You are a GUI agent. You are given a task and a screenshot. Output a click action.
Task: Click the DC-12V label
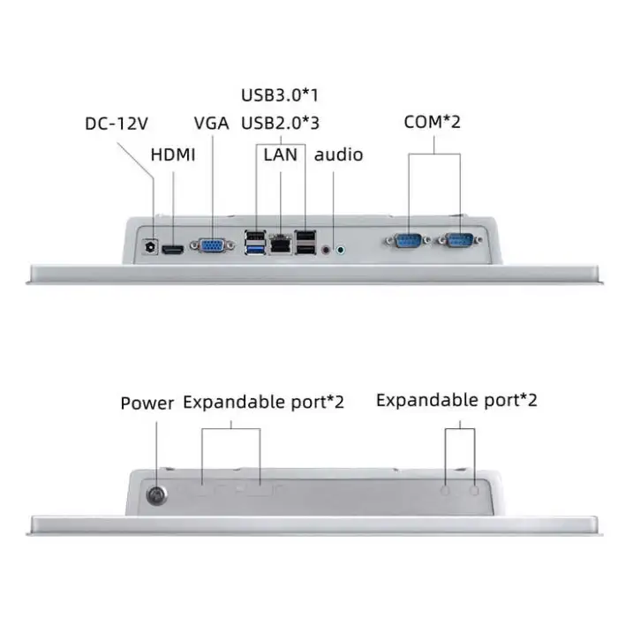coord(117,124)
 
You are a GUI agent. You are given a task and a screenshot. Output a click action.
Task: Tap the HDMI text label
coord(173,154)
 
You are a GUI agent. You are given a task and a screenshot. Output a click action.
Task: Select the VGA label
coord(211,123)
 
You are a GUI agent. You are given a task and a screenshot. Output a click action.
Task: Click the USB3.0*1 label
coord(280,95)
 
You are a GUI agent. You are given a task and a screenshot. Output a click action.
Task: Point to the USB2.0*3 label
coord(280,123)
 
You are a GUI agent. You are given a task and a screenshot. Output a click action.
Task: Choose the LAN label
coord(280,154)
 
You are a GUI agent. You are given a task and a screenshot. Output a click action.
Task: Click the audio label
coord(338,154)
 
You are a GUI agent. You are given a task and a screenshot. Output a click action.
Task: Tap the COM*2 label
coord(433,122)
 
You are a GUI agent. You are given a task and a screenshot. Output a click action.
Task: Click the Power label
coord(147,403)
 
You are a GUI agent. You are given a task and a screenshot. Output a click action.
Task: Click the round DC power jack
coord(150,246)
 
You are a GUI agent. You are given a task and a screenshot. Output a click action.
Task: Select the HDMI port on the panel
coord(173,250)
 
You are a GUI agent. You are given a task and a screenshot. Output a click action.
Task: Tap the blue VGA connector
coord(213,245)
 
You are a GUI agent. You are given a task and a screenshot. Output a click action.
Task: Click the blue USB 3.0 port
coord(255,249)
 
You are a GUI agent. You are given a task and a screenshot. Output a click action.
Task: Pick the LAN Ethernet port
coord(281,245)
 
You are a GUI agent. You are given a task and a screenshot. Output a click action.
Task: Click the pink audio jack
coord(326,249)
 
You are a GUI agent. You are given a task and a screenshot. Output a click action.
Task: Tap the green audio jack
coord(341,250)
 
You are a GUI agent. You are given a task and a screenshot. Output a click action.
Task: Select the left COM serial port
coord(408,240)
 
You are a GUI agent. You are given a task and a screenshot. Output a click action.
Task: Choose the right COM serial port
coord(460,240)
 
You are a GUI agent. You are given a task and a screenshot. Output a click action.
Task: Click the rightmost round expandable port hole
coord(475,490)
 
